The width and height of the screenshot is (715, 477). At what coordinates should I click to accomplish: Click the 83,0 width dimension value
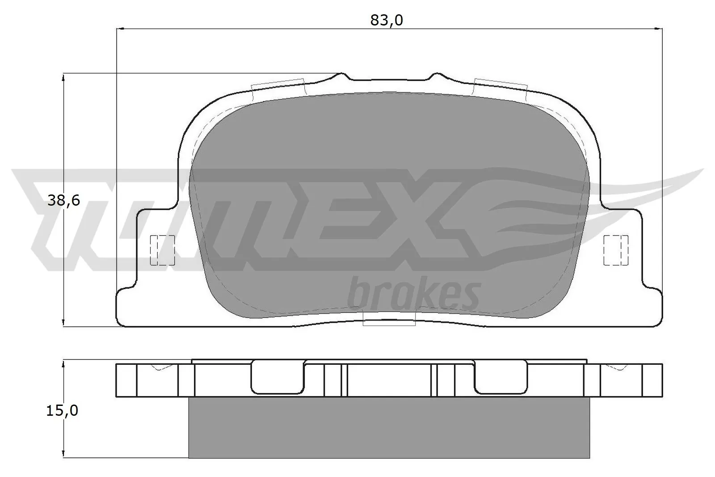click(x=387, y=21)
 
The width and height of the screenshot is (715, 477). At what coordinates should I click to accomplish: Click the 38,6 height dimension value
click(x=63, y=201)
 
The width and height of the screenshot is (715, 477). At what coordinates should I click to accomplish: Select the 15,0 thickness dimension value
click(x=62, y=410)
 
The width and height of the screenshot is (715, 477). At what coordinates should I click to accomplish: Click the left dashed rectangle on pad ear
click(x=162, y=250)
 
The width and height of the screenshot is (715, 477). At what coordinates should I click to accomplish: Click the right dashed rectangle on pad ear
click(x=616, y=250)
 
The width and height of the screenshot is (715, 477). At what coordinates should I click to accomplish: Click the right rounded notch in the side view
click(x=501, y=378)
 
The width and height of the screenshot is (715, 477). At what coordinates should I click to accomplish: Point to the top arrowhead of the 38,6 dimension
click(x=63, y=78)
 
